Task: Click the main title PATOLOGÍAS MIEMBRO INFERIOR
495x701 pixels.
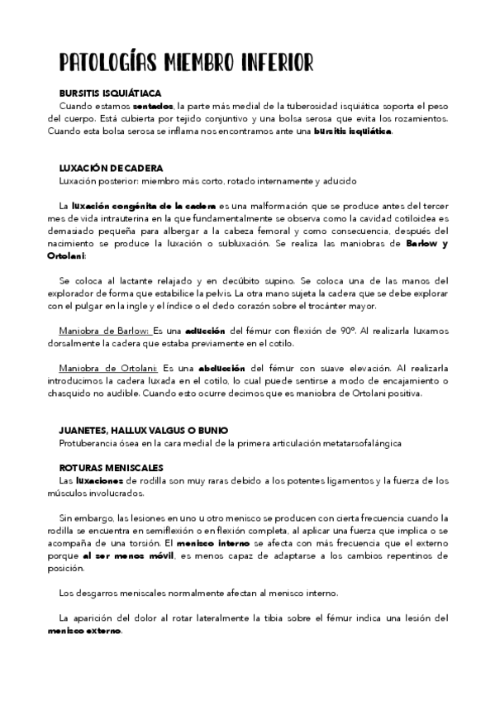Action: [x=187, y=63]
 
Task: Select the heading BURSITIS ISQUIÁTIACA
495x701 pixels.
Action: [x=111, y=94]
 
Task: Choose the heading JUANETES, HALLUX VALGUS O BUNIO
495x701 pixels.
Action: [x=144, y=431]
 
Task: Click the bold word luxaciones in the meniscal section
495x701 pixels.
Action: [x=101, y=480]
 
